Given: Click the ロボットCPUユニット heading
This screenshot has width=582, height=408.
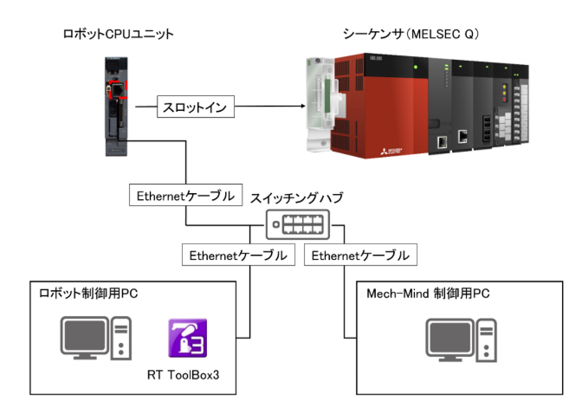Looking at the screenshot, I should (x=118, y=35).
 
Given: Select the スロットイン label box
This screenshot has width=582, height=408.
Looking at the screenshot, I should (x=196, y=109).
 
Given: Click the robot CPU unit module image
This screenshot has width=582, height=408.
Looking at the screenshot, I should (x=116, y=106).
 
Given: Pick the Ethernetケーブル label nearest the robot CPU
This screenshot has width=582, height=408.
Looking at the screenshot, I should (x=184, y=196).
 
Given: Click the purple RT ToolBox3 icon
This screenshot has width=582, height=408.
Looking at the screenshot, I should (x=188, y=340).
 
